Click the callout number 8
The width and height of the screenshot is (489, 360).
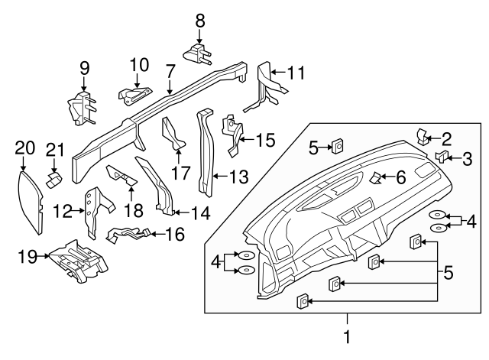tap(200, 21)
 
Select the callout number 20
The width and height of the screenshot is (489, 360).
tap(25, 148)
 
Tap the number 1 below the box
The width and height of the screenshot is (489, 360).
tap(347, 336)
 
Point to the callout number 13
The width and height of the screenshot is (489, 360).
tap(238, 177)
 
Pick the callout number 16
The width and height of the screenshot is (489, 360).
tap(175, 234)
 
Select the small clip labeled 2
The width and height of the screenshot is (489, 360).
tap(423, 137)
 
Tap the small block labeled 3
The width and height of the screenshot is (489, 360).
tap(442, 157)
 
